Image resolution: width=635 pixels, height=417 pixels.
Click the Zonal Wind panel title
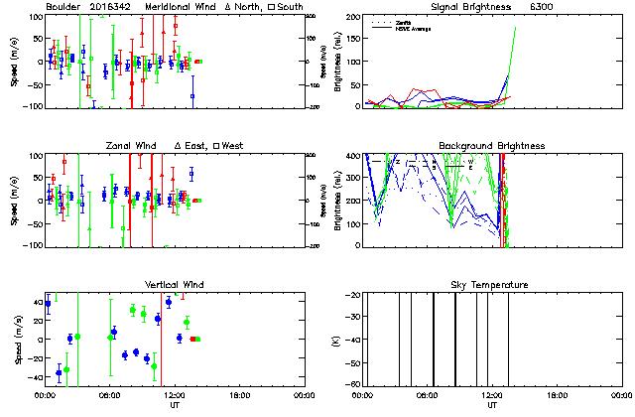(131, 146)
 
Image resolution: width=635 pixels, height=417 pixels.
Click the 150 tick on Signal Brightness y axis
(352, 39)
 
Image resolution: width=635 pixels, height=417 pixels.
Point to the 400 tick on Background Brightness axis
(352, 156)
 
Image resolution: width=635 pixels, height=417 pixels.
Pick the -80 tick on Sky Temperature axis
(352, 386)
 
